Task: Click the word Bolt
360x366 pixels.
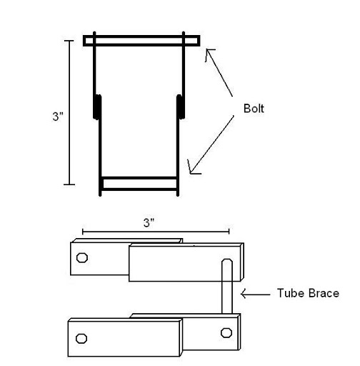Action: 254,109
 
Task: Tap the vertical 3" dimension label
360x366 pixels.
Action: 58,117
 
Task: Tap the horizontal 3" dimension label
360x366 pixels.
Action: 149,223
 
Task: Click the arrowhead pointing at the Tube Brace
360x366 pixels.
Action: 244,294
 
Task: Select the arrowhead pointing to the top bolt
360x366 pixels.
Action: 209,53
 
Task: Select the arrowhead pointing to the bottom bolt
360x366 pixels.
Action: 192,169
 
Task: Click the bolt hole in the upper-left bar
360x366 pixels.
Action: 82,257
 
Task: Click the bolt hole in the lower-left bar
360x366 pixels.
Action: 81,338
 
